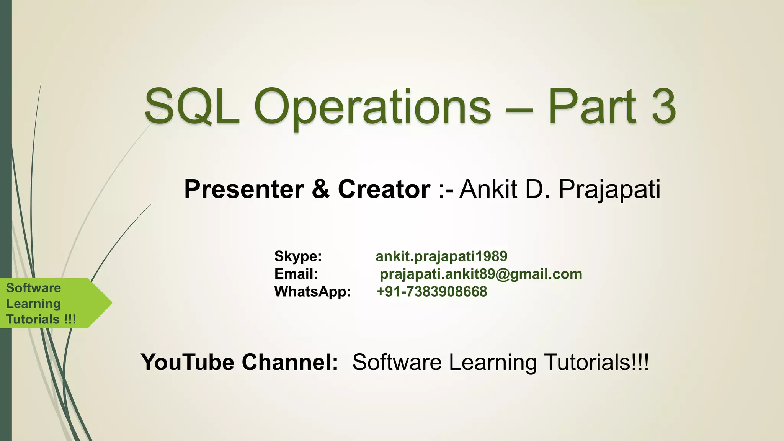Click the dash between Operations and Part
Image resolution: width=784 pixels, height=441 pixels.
519,109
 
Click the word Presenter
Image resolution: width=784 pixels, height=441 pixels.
244,189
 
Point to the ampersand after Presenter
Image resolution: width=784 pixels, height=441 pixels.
321,189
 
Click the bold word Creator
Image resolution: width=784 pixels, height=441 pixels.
384,189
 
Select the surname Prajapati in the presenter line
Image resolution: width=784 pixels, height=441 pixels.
609,189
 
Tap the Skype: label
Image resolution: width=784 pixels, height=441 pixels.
298,256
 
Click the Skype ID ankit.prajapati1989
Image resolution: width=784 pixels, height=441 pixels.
441,256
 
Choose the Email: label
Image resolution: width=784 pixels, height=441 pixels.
296,274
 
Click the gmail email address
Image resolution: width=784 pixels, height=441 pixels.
481,274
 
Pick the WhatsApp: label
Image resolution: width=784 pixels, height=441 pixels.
312,292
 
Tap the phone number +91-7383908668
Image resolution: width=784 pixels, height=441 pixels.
431,292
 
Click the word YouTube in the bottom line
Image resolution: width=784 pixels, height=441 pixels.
188,362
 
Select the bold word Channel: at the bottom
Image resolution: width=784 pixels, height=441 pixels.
290,362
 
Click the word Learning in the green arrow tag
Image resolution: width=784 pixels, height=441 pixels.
33,304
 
